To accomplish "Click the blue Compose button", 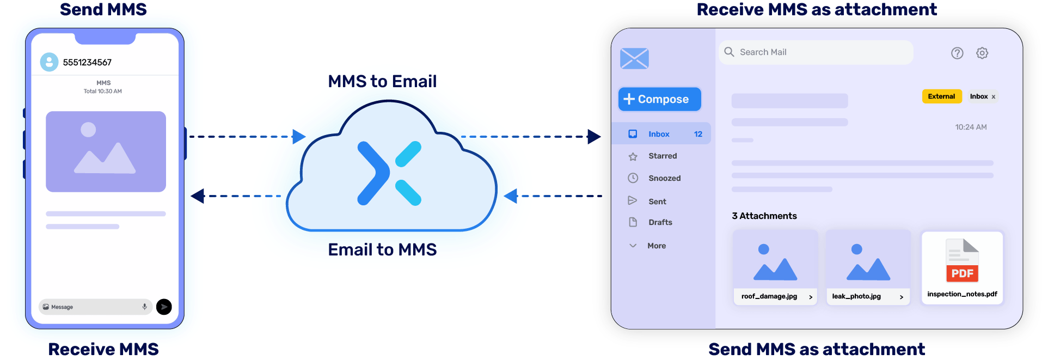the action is [x=659, y=99].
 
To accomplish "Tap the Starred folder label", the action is [x=663, y=156].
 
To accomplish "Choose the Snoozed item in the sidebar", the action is [x=664, y=178].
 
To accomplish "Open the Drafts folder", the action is [x=660, y=222].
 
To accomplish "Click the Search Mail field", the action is [x=816, y=52].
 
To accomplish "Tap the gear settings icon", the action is [x=982, y=53].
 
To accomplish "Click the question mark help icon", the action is [x=957, y=53].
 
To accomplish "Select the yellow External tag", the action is [x=941, y=96].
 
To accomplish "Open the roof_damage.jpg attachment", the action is [x=775, y=267].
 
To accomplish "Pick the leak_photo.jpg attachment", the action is [x=868, y=267].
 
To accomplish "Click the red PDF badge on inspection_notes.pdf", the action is [x=962, y=273].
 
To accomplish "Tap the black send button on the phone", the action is [x=164, y=307].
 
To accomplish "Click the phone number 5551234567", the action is [x=87, y=62].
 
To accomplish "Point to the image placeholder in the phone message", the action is [x=106, y=151].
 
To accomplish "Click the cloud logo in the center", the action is [x=390, y=173].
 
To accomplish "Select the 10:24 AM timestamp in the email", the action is [x=971, y=127].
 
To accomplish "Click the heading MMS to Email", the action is [x=382, y=81].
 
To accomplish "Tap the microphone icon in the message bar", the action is [x=144, y=307].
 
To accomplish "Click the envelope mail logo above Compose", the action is [x=634, y=58].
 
